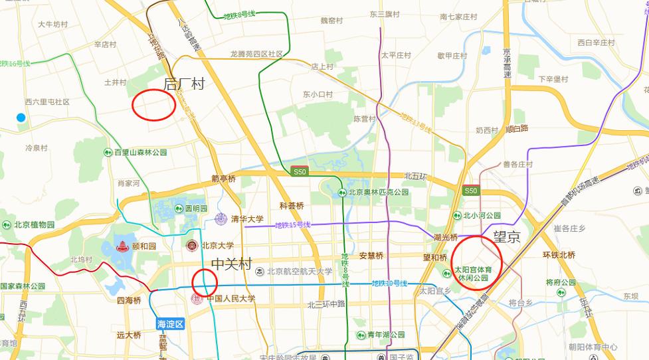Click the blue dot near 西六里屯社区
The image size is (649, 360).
pos(21,118)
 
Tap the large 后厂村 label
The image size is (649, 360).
pos(184,84)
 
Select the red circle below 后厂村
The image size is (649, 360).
pos(153,105)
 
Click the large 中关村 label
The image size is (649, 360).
pos(231,264)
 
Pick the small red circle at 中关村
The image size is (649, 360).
pos(205,283)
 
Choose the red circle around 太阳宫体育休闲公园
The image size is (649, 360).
pos(477,262)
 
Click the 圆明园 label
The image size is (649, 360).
pos(196,208)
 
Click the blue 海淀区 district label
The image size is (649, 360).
pos(169,323)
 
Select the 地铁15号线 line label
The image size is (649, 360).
pos(292,225)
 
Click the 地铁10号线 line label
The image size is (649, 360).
pos(390,284)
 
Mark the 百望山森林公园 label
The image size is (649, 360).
pos(140,152)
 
